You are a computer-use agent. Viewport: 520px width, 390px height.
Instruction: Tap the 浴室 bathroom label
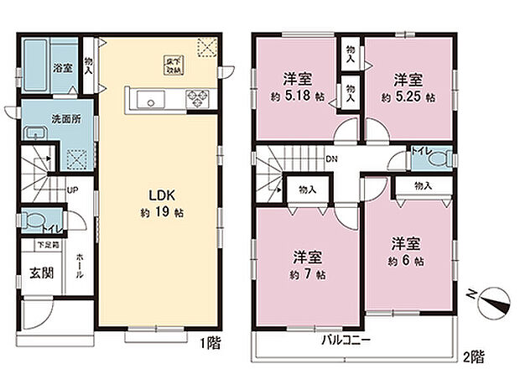pyautogui.click(x=62, y=67)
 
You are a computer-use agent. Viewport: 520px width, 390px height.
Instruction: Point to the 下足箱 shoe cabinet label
pyautogui.click(x=47, y=245)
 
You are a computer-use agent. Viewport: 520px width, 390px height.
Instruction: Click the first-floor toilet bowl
pyautogui.click(x=33, y=221)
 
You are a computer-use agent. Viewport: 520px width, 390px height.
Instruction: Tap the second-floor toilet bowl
pyautogui.click(x=443, y=158)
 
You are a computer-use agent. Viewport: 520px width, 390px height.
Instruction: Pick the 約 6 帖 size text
pyautogui.click(x=405, y=260)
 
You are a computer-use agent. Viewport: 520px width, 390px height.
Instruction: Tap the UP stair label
pyautogui.click(x=73, y=190)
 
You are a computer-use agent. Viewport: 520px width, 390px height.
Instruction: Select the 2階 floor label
pyautogui.click(x=473, y=356)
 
